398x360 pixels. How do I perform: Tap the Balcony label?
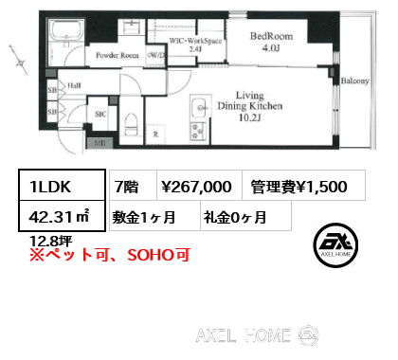point(354,81)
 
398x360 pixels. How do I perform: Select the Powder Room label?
point(116,56)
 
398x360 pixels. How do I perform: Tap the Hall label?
point(74,85)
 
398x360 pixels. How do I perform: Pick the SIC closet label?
point(99,114)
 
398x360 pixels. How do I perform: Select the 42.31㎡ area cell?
point(53,216)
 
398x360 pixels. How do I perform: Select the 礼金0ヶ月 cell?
point(233,216)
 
